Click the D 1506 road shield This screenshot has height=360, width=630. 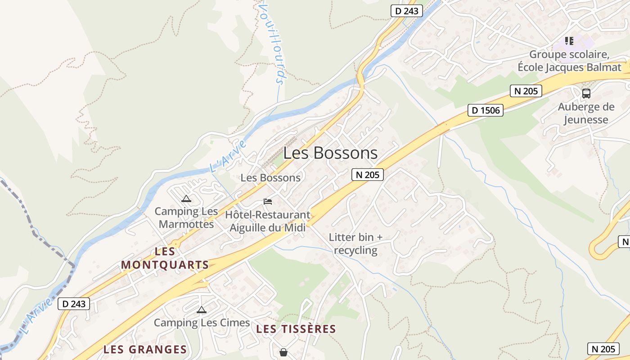pos(485,110)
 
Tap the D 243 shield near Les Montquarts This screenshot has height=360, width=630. pos(74,304)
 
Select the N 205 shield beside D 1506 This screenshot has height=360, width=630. pos(526,91)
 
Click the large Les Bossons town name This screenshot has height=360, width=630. pos(331,153)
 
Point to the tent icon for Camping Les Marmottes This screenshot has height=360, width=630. pos(186,198)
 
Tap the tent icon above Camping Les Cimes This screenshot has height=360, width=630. pos(201,310)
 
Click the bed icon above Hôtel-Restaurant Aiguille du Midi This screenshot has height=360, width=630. pos(268,201)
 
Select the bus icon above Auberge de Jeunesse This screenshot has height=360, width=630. pos(586,94)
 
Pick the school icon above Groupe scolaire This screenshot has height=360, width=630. pos(569,41)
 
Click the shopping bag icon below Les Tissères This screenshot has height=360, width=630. pos(283,352)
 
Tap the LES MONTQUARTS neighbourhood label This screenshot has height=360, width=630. pos(165,258)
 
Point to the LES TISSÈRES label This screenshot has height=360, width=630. pos(296,329)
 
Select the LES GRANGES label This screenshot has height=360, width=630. pos(145,350)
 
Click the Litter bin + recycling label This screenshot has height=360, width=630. pos(355,243)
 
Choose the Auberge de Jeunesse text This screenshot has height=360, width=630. pos(586,113)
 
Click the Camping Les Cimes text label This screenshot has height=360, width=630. pos(202,323)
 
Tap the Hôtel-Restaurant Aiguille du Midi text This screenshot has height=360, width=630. pos(268,221)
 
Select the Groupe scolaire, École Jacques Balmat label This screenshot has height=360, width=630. pos(569,61)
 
